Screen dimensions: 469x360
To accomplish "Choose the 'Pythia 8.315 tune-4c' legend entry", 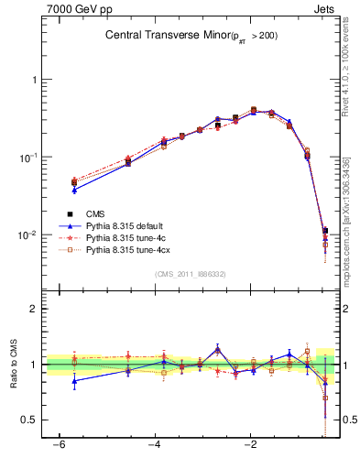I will click(127, 237).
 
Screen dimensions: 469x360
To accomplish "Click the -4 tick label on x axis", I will click(155, 449).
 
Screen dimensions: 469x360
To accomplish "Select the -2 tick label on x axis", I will click(251, 449).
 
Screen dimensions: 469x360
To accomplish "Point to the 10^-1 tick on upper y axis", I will click(27, 158).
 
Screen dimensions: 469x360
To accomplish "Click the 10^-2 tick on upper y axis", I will click(27, 235).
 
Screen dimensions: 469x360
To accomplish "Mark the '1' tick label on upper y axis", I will click(33, 80).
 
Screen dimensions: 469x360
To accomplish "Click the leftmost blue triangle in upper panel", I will click(74, 190).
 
